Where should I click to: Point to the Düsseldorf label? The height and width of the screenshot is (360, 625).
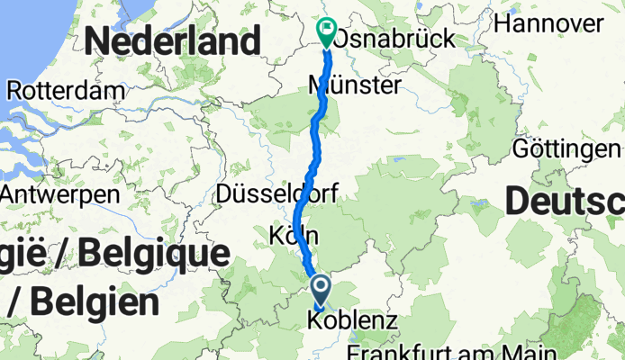276,193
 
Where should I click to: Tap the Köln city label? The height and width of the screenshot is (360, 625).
294,236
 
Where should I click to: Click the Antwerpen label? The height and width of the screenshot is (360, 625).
59,193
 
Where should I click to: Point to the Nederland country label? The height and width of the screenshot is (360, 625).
174,40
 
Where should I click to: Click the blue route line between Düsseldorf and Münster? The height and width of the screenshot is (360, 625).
314,144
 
